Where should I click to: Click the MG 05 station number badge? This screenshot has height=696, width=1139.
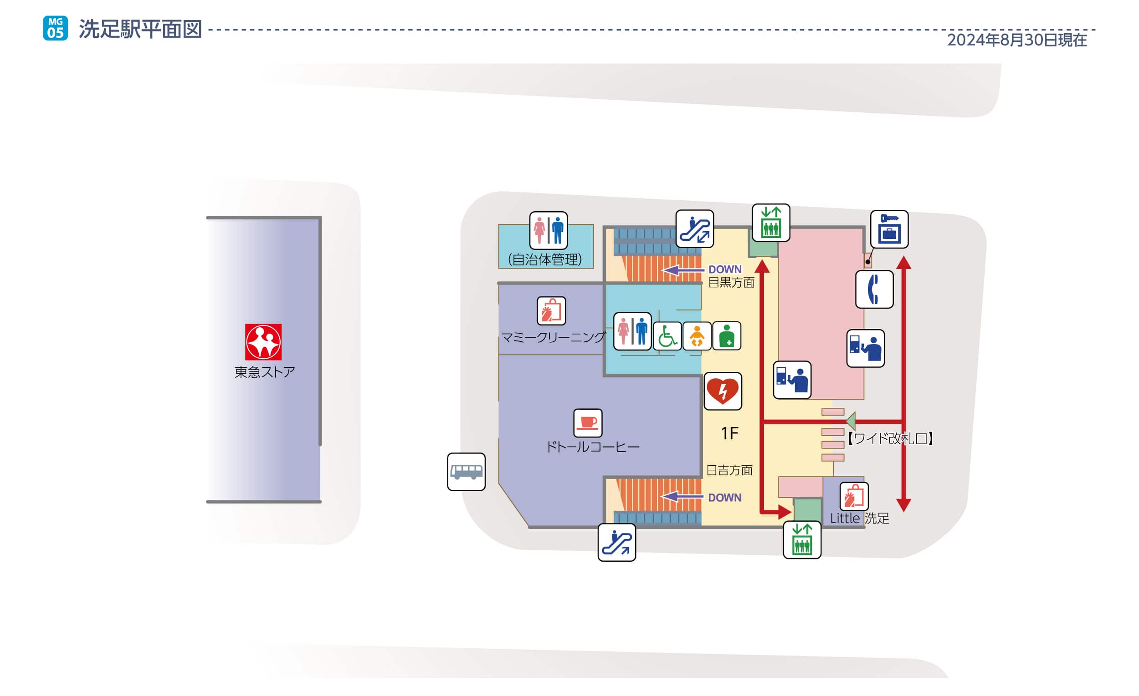pos(56,28)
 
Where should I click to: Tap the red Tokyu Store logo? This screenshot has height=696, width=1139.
pos(263,342)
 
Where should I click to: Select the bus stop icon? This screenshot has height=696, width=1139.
pos(466,472)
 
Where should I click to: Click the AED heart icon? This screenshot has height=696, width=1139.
pos(723,391)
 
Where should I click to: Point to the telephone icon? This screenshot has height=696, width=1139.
pos(874,290)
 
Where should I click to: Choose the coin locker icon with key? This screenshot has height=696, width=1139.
pos(889,229)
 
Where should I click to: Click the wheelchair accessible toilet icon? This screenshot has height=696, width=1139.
pos(667,336)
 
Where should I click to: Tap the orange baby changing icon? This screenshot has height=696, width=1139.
pos(697,336)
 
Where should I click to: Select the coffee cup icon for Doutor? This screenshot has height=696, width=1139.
pos(588,422)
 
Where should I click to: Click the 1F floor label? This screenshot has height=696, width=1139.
pos(729,433)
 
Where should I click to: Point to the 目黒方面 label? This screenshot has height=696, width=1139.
pos(731,282)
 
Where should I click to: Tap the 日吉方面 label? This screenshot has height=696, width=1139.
pos(729,470)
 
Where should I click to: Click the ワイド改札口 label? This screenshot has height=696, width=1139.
pos(890,438)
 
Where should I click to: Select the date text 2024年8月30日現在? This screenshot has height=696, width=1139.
pos(1016,40)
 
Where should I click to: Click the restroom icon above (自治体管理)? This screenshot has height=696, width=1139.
pos(548,230)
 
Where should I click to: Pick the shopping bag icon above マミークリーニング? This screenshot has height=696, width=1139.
pos(551,311)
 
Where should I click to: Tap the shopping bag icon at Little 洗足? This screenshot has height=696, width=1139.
pos(854,497)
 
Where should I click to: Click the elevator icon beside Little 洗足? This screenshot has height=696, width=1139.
pos(802,540)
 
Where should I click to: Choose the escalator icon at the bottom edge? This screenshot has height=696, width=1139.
pos(616,542)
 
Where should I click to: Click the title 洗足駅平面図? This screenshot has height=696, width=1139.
pos(140,29)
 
